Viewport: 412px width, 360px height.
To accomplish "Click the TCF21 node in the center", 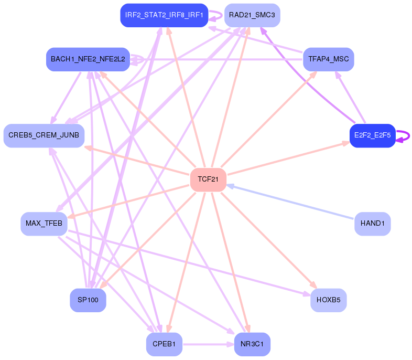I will tap(208, 179).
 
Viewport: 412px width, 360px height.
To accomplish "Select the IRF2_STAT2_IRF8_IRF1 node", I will tap(164, 15).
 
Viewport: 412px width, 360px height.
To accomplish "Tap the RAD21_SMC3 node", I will tap(252, 15).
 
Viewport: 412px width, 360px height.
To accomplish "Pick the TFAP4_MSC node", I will tap(329, 59).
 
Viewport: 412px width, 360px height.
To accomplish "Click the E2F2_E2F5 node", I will tap(372, 135).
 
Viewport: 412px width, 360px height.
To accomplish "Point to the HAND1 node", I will tap(373, 224).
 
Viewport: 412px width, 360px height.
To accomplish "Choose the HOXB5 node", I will tap(329, 300).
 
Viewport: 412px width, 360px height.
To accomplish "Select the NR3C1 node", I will tap(252, 344).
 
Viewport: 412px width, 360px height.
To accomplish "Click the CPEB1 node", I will tap(164, 344).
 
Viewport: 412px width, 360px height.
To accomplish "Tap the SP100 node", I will tap(88, 300).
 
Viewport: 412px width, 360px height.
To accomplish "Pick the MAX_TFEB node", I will tap(44, 224).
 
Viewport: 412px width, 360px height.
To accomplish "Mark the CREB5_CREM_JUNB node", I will tap(44, 135).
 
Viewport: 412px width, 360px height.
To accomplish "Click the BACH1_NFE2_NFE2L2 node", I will tap(88, 59).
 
